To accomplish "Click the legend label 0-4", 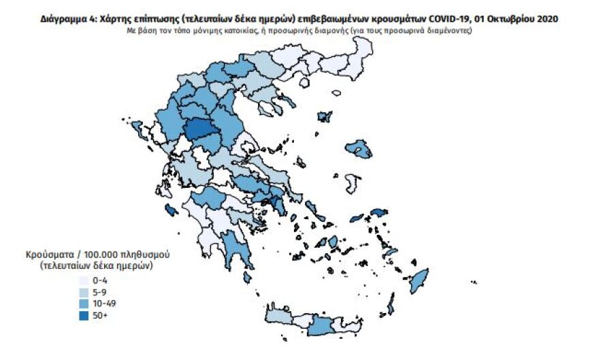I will pyautogui.click(x=100, y=279).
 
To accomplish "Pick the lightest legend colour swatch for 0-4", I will pyautogui.click(x=84, y=279).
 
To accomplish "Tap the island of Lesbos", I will pyautogui.click(x=359, y=148).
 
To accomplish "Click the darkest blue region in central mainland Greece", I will pyautogui.click(x=199, y=129).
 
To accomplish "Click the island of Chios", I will pyautogui.click(x=353, y=183).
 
